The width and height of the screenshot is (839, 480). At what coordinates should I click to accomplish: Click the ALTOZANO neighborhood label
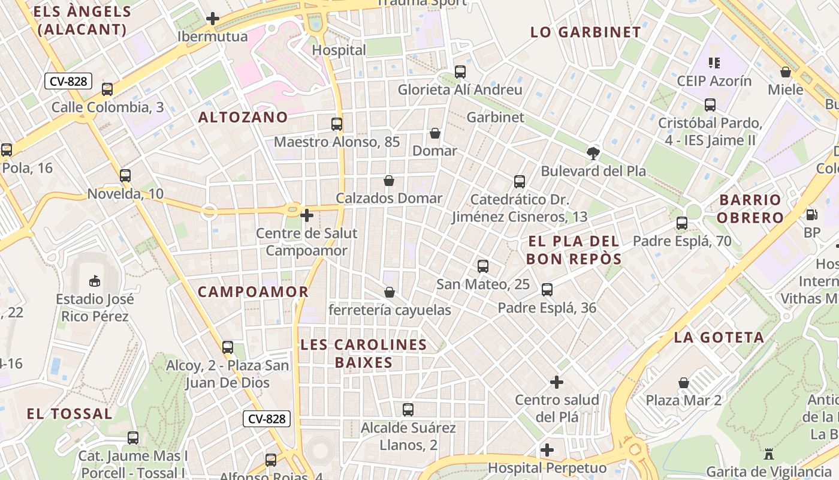[243, 117]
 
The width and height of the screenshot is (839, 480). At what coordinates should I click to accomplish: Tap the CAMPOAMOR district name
[253, 292]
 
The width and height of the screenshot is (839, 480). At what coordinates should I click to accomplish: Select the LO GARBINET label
[586, 32]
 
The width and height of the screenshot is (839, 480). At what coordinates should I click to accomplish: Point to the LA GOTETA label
[719, 337]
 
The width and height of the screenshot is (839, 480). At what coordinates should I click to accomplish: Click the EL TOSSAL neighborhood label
[70, 413]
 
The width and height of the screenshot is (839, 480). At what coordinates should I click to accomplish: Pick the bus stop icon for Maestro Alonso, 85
[337, 124]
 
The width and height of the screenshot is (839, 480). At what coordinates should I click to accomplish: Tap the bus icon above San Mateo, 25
[483, 266]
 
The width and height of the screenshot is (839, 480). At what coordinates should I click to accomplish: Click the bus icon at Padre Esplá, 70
[682, 223]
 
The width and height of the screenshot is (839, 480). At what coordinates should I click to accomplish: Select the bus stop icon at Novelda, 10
[125, 176]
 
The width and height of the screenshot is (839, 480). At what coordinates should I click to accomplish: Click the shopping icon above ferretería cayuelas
[390, 292]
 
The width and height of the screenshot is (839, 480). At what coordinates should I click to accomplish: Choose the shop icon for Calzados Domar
[389, 181]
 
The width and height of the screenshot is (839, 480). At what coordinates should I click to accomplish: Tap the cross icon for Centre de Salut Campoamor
[307, 215]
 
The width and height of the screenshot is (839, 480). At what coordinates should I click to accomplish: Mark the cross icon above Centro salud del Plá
[557, 382]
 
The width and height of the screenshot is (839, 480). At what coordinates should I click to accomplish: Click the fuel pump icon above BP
[812, 214]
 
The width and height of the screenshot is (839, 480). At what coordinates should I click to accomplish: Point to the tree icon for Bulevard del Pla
[593, 153]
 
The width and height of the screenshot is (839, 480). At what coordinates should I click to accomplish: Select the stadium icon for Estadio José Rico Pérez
[95, 280]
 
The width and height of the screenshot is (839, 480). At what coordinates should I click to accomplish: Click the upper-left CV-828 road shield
[68, 81]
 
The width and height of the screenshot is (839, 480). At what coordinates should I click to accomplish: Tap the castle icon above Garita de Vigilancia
[769, 453]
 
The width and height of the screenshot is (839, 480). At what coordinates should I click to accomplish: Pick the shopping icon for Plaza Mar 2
[684, 382]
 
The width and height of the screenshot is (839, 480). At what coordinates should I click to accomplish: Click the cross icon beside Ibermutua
[212, 19]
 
